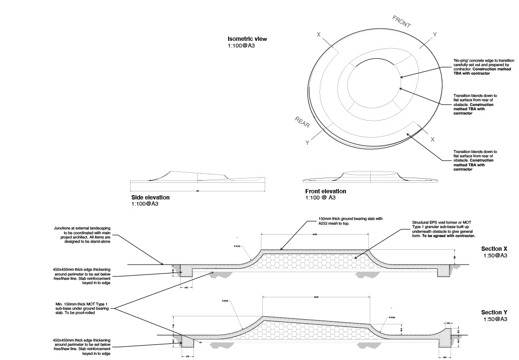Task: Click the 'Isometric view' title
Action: pyautogui.click(x=247, y=39)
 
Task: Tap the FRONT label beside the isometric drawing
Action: pyautogui.click(x=402, y=22)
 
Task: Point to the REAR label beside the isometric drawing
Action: pyautogui.click(x=302, y=122)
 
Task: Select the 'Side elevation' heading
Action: pyautogui.click(x=150, y=198)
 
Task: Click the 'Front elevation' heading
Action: pyautogui.click(x=326, y=191)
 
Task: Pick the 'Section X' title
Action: pyautogui.click(x=494, y=248)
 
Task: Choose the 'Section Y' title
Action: pyautogui.click(x=494, y=312)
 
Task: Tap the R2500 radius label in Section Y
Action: pyautogui.click(x=225, y=301)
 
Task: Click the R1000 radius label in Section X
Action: pyautogui.click(x=237, y=246)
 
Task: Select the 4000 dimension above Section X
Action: pyautogui.click(x=315, y=235)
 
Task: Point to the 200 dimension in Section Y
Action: pyautogui.click(x=448, y=323)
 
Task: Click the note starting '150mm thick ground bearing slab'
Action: pyautogui.click(x=350, y=221)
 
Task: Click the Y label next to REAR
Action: pyautogui.click(x=308, y=142)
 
